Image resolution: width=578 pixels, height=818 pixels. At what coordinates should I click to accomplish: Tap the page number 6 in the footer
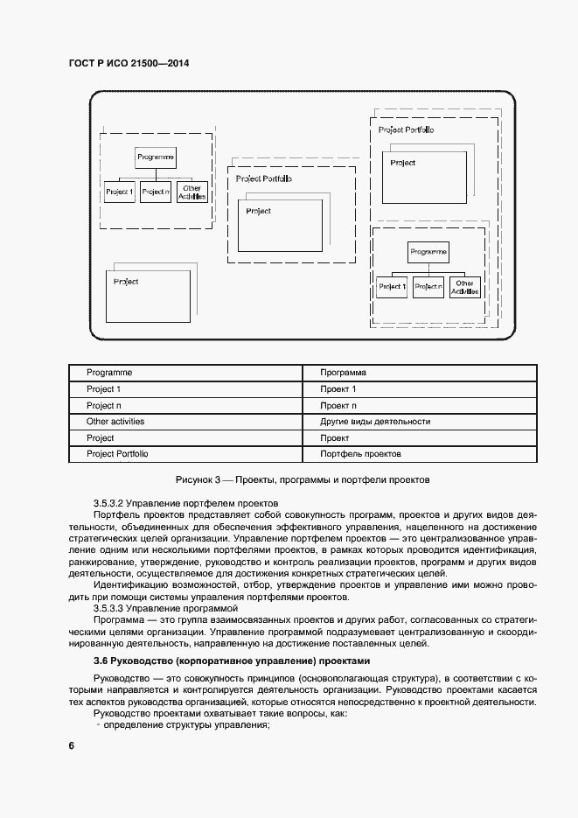tap(71, 745)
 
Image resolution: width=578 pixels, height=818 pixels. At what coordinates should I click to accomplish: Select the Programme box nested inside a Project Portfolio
tap(428, 252)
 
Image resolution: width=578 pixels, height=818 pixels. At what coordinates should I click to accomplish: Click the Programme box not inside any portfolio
tap(156, 157)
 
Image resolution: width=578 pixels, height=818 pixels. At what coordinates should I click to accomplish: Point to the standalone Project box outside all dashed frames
tap(147, 296)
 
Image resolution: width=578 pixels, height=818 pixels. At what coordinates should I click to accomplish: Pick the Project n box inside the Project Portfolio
tap(428, 286)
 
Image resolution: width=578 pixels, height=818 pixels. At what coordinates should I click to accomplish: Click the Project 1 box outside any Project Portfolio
tap(119, 191)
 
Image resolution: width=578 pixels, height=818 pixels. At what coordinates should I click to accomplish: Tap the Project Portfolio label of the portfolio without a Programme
tap(263, 178)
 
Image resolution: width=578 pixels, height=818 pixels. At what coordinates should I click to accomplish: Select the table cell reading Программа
tap(344, 373)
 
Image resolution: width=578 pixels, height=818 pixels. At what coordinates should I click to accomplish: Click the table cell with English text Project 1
tap(104, 388)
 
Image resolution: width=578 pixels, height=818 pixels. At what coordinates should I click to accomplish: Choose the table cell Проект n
tap(338, 405)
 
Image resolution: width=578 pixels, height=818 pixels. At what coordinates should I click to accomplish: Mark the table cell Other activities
tap(115, 422)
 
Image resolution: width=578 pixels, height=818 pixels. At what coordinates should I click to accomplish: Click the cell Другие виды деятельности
tap(375, 422)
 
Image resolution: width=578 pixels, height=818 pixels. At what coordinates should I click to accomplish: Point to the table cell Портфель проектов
tap(360, 454)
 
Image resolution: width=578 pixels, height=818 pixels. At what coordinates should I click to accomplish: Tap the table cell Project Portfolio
tap(117, 454)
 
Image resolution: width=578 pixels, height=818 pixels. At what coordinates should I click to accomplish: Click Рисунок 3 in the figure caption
tap(201, 479)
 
